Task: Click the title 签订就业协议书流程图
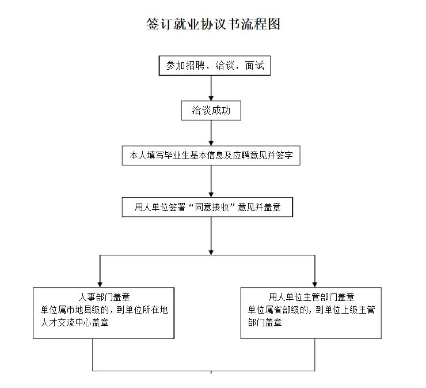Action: click(x=213, y=24)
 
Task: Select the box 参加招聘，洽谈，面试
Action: click(x=214, y=66)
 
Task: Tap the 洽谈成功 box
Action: click(x=211, y=110)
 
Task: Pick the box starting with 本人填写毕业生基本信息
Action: click(x=211, y=156)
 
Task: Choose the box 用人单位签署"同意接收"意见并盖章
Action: click(x=207, y=207)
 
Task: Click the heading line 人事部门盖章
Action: click(x=104, y=298)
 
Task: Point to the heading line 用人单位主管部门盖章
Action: click(x=311, y=298)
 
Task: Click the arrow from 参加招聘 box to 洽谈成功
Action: click(x=211, y=89)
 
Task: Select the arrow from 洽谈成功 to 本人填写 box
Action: click(x=211, y=133)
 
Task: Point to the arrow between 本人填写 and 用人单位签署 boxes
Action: click(x=211, y=182)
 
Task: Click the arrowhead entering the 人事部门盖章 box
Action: click(x=100, y=283)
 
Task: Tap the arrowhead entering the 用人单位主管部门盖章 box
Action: click(x=315, y=283)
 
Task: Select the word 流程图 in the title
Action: click(x=261, y=24)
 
